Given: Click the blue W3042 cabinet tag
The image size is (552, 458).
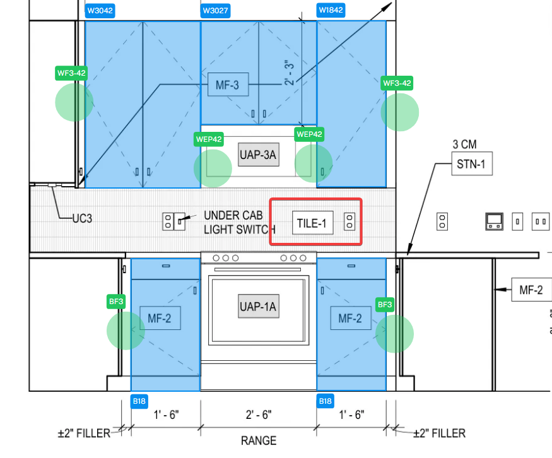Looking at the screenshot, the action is click(100, 11).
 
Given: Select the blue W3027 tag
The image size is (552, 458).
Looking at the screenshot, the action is click(216, 11).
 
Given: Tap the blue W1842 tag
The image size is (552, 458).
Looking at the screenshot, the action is click(331, 10).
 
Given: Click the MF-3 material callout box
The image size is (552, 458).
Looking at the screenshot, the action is click(228, 85).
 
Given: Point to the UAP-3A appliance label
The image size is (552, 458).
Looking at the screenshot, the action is click(259, 155).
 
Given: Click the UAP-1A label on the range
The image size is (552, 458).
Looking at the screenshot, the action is click(259, 306).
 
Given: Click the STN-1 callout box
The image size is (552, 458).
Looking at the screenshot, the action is click(472, 163).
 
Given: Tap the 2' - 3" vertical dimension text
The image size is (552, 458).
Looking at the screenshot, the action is click(289, 73).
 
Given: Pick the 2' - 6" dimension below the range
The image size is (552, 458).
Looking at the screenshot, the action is click(259, 414).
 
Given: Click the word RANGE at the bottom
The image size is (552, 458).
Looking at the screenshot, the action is click(259, 440).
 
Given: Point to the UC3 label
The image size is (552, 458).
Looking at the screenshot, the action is click(83, 218).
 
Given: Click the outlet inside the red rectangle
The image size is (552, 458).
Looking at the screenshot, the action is click(349, 222).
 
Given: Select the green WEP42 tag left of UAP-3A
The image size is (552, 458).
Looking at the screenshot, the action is click(209, 139).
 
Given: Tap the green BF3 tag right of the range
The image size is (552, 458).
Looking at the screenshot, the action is click(385, 305).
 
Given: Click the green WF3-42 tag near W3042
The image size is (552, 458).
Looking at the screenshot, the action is click(71, 73).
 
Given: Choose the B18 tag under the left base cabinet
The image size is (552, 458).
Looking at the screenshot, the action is click(139, 401).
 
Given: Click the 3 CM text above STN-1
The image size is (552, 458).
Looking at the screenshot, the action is click(464, 144).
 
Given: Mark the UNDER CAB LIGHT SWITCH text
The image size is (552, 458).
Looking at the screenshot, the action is click(239, 222).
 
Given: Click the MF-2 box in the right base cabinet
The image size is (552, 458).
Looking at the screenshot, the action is click(351, 318).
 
